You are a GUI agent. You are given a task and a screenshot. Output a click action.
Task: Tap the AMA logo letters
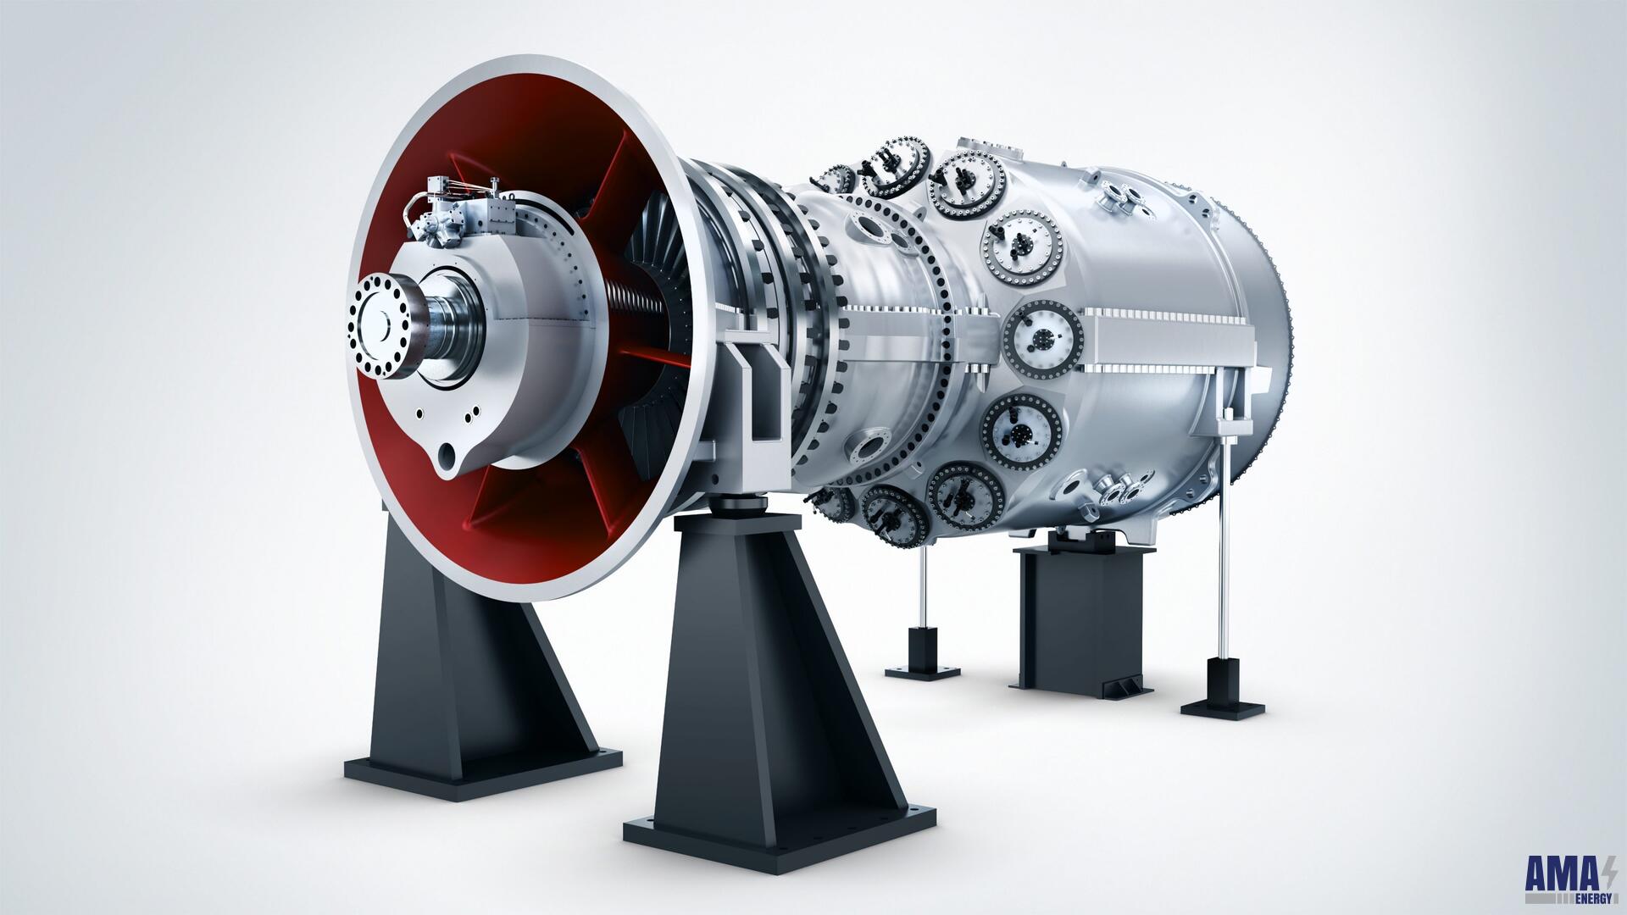tap(1559, 873)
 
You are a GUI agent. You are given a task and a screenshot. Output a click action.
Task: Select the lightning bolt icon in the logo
tap(1608, 872)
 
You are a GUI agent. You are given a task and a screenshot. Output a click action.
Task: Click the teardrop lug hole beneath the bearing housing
tap(447, 460)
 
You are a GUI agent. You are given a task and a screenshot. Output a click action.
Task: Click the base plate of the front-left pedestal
tap(483, 771)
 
